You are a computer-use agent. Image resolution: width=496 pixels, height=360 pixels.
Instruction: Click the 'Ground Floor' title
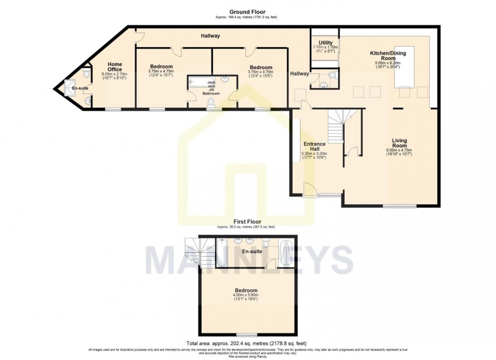[247, 12]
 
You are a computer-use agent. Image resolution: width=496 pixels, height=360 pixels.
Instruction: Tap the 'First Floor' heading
[247, 221]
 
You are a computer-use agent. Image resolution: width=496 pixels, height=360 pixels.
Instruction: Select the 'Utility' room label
[325, 43]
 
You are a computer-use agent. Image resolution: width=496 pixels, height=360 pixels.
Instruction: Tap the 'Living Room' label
[399, 143]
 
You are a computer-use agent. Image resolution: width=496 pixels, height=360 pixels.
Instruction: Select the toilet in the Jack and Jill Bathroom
[212, 104]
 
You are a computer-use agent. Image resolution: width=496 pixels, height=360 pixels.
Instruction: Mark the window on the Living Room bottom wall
[399, 206]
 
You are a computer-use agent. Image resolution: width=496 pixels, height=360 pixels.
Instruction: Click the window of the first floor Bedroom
[246, 335]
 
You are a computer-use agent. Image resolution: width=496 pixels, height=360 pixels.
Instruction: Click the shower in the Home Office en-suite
[68, 89]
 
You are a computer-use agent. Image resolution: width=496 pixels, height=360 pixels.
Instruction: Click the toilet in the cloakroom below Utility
[332, 75]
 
